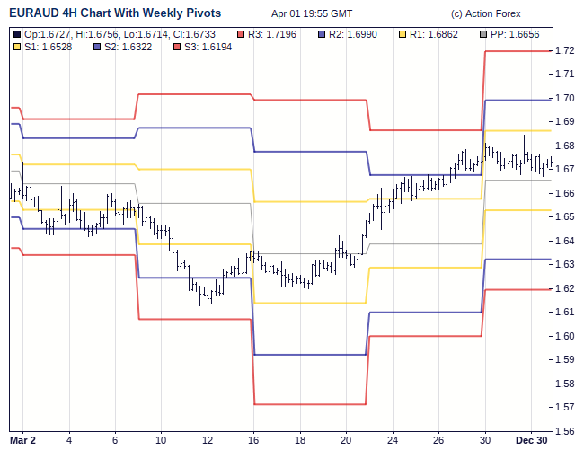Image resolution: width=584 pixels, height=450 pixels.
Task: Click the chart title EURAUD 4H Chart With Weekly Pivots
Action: pos(115,13)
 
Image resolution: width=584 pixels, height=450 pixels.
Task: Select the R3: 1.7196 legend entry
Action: pos(274,34)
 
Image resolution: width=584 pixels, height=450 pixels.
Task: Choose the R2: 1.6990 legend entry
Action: pos(357,34)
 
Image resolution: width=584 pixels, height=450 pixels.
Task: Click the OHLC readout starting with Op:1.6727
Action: pos(119,34)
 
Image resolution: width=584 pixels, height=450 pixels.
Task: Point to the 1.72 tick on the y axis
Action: pos(565,51)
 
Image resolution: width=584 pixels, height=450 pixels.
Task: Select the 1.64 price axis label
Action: pos(565,241)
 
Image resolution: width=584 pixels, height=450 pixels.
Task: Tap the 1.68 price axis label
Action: pos(565,146)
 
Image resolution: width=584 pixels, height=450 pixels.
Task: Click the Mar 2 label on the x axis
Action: pos(22,441)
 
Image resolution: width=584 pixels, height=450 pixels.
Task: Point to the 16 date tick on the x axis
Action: pos(253,441)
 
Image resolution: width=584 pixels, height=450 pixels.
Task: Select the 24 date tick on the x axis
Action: pos(393,441)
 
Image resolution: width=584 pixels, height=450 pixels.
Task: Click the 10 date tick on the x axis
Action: pos(161,441)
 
